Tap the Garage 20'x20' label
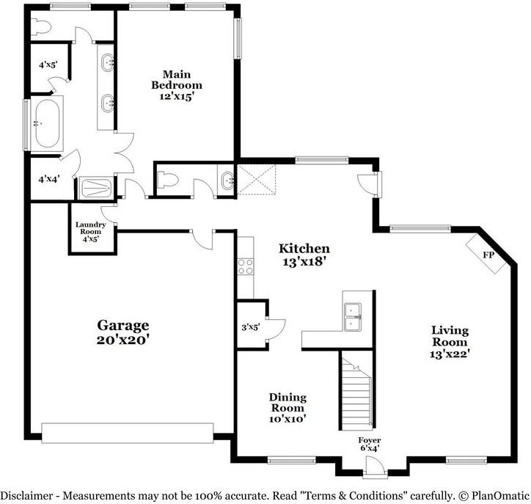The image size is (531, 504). [x=123, y=332]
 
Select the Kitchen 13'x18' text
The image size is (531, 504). [x=304, y=255]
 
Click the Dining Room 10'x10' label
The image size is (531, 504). [x=288, y=407]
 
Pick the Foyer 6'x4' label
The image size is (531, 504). [x=370, y=444]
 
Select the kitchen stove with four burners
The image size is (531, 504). [x=245, y=266]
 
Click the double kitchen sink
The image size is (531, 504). [x=353, y=317]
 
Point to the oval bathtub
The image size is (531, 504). [x=47, y=123]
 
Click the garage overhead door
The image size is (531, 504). [x=128, y=433]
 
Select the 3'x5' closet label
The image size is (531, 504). [x=251, y=327]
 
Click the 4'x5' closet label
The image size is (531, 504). [x=48, y=65]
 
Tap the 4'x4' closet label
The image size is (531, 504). [x=49, y=178]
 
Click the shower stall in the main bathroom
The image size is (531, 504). [x=97, y=188]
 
